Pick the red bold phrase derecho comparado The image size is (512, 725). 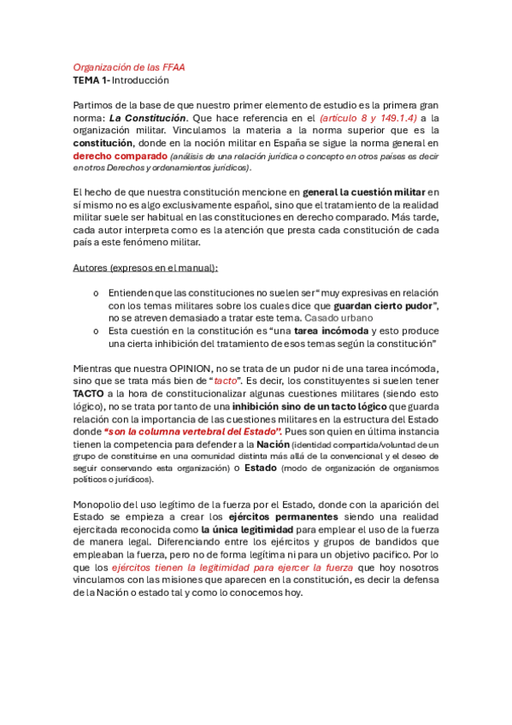click(119, 157)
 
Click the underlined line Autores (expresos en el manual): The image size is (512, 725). click(144, 268)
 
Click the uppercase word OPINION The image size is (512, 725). click(191, 368)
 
